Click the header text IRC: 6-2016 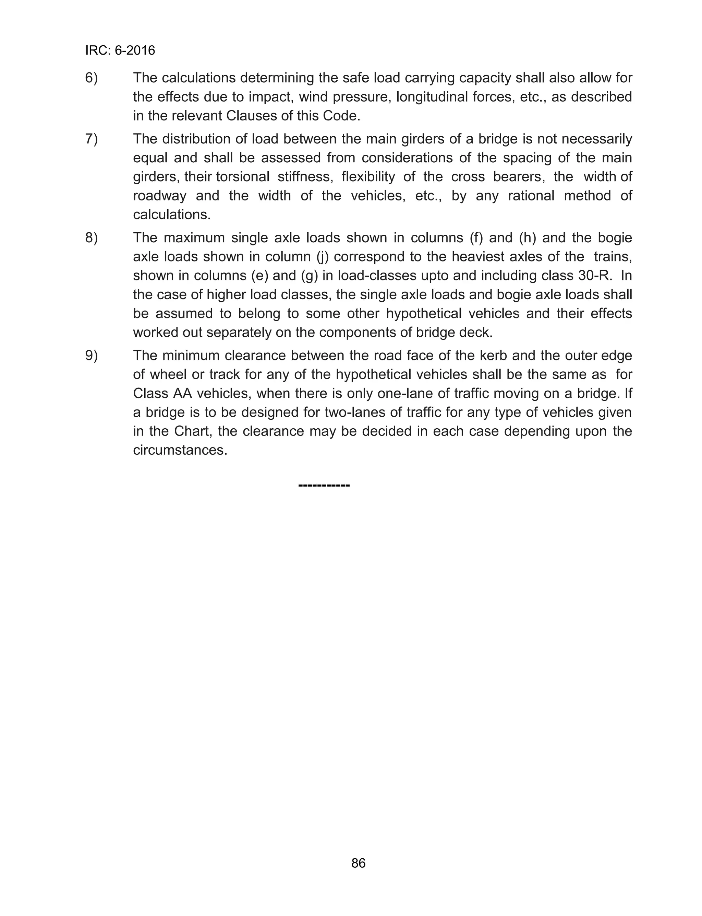click(120, 50)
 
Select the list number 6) click(92, 78)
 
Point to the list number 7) click(92, 139)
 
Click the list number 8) click(92, 237)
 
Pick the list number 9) click(92, 356)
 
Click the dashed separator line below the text click(324, 485)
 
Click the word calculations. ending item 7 click(172, 215)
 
